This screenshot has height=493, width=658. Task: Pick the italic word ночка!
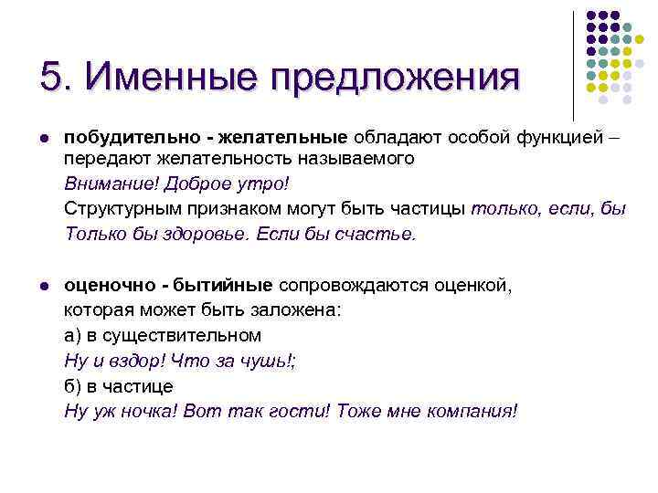(145, 411)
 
